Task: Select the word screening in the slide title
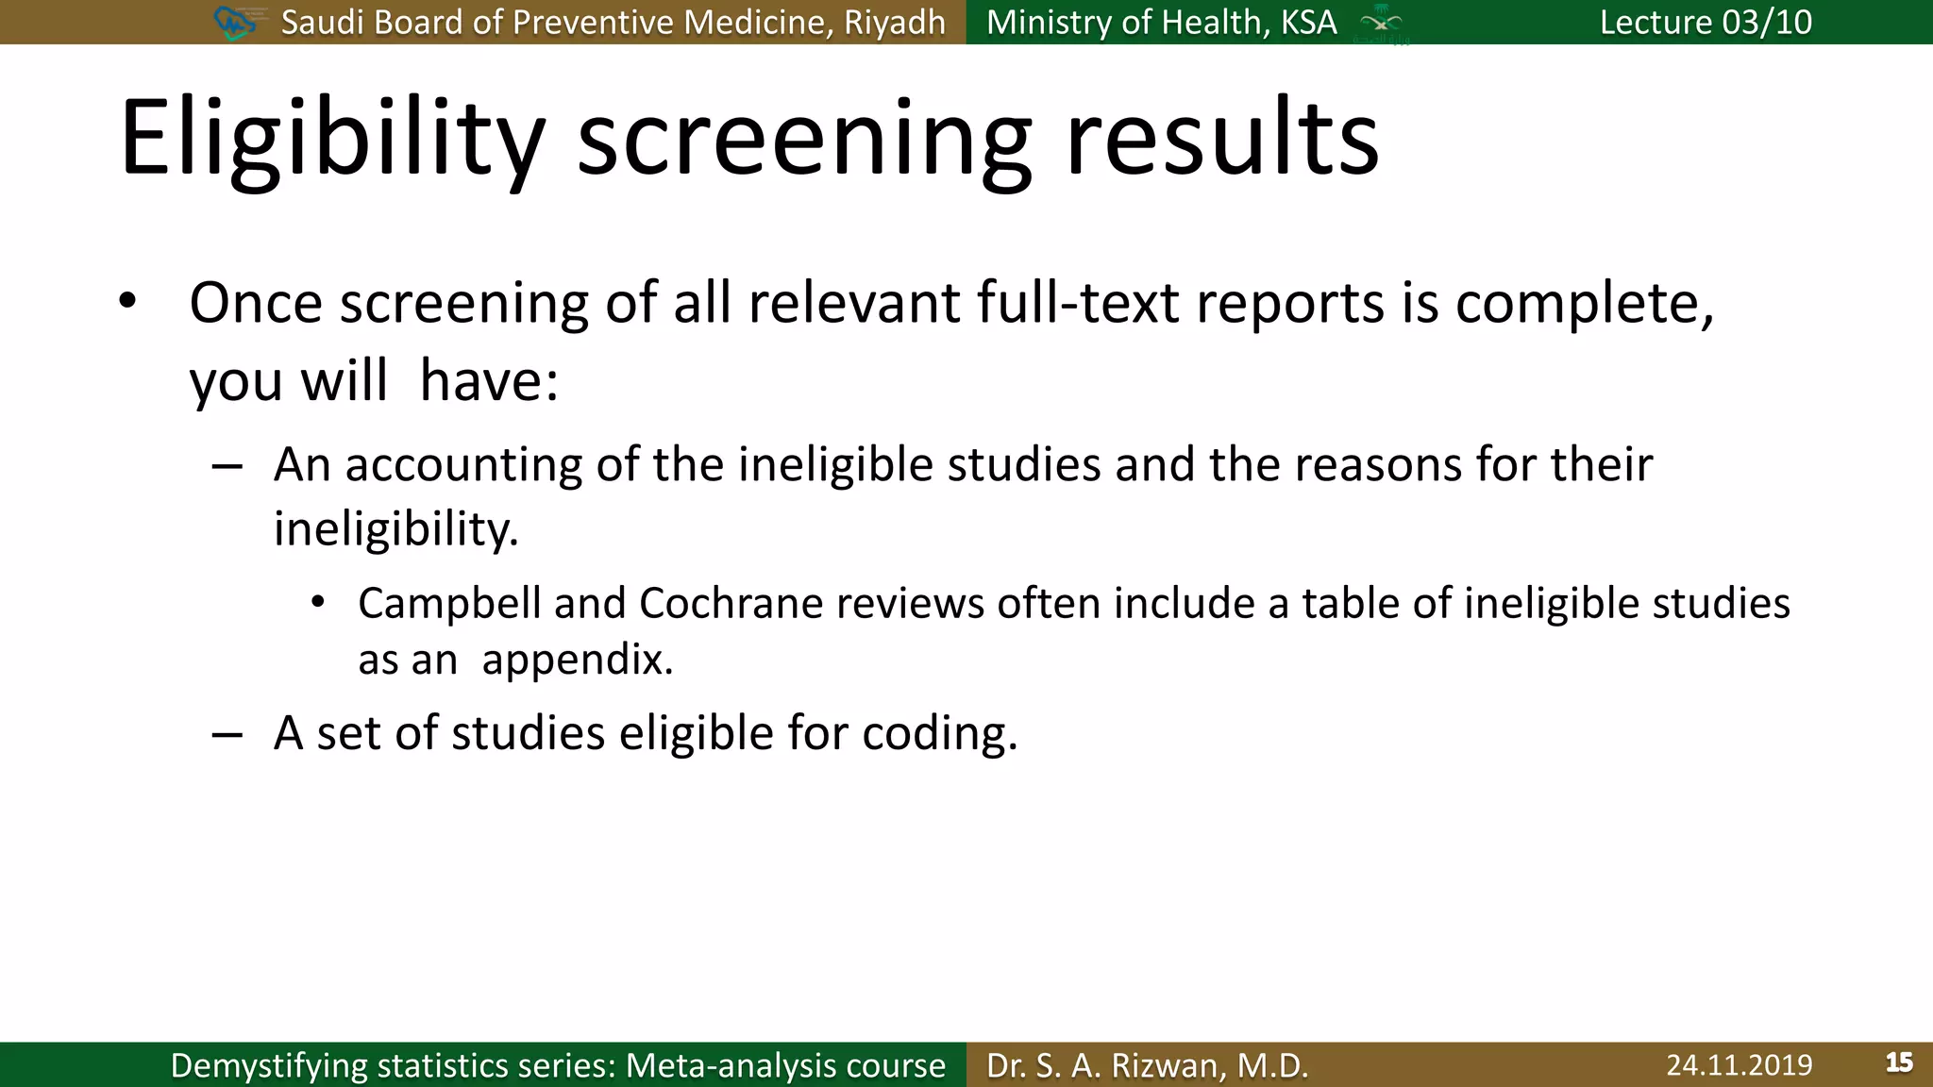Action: (804, 140)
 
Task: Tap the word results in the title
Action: (1221, 140)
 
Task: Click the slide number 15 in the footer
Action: (1899, 1062)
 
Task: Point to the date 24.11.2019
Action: (1739, 1065)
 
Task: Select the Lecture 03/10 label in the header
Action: (1706, 22)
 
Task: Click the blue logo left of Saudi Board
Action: (235, 22)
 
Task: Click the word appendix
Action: (577, 660)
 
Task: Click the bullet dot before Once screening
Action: (128, 302)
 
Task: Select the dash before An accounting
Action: (227, 466)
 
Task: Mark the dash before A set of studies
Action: (227, 734)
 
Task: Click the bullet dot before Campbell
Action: (318, 602)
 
